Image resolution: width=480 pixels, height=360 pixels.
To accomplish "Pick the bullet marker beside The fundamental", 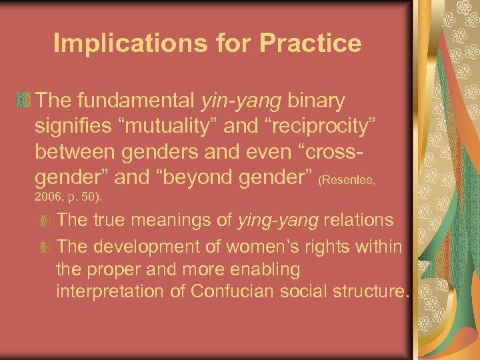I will pyautogui.click(x=24, y=101).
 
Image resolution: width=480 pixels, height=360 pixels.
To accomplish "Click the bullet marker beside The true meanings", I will pyautogui.click(x=45, y=220).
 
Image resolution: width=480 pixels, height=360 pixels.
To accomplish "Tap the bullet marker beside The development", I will pyautogui.click(x=45, y=247).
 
